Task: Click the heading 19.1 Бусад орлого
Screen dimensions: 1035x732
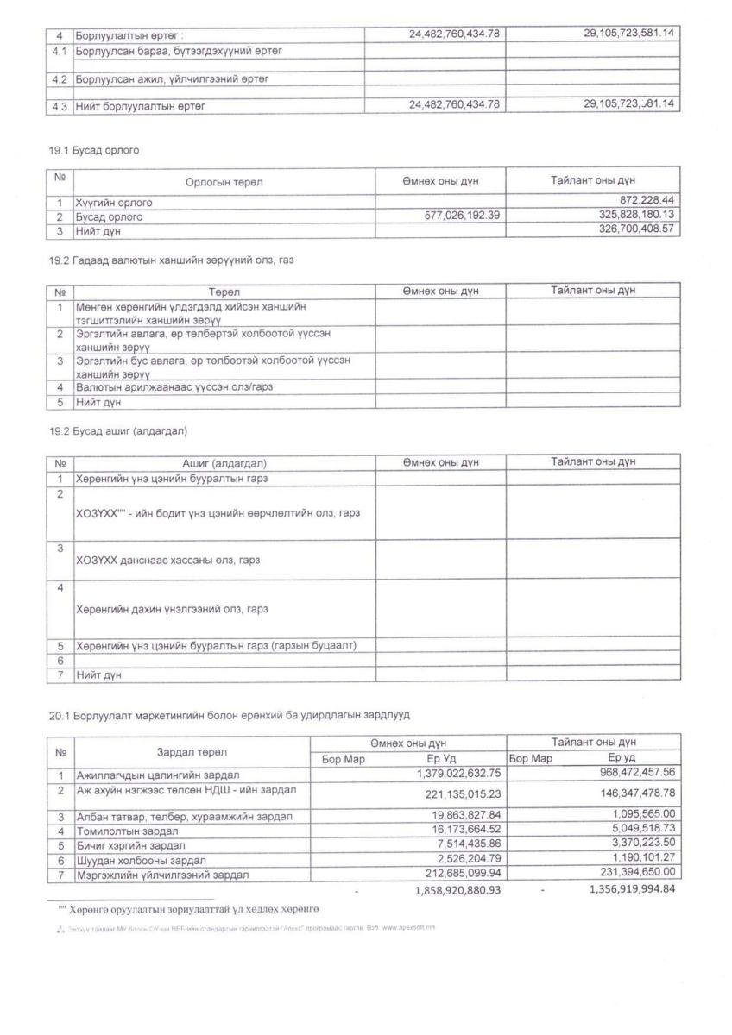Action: coord(94,150)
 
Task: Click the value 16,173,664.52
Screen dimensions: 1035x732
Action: coord(458,831)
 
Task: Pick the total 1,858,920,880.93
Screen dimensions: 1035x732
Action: coord(457,889)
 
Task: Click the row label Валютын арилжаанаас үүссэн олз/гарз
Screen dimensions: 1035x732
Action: coord(174,387)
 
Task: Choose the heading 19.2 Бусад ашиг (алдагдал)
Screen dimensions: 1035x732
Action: coord(118,430)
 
